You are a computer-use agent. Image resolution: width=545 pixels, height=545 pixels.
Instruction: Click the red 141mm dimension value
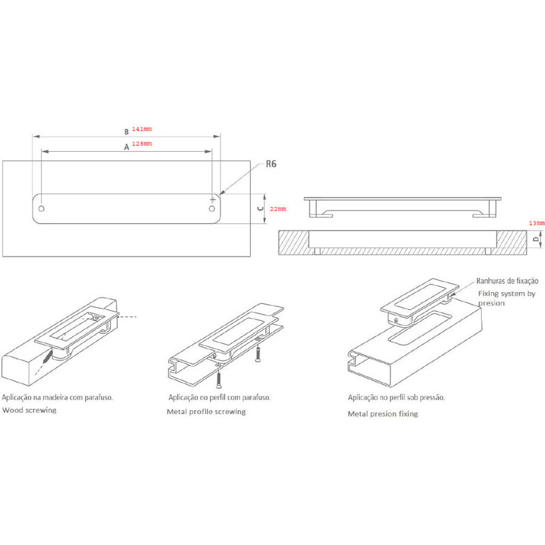point(142,129)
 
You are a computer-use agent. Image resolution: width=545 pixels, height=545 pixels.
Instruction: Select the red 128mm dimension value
point(142,144)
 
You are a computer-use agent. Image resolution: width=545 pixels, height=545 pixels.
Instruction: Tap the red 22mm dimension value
point(278,209)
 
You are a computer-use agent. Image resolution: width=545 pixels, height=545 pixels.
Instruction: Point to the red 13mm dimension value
point(537,223)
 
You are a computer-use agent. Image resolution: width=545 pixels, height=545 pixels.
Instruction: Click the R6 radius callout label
point(271,163)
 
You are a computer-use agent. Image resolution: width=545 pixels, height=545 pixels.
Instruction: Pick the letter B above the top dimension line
point(127,131)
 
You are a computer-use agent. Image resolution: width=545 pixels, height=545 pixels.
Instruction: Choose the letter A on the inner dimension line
point(127,147)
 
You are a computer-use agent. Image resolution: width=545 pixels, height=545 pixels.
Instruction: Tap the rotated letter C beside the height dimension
point(260,208)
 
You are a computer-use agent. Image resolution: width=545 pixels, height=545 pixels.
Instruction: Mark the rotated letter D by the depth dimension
point(536,239)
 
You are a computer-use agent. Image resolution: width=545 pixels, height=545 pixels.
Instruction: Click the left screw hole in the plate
point(42,208)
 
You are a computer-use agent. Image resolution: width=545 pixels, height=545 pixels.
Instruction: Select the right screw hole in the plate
point(212,208)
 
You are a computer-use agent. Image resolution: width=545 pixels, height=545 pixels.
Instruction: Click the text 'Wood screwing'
point(29,410)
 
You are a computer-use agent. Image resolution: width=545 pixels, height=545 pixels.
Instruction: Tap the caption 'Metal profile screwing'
point(206,412)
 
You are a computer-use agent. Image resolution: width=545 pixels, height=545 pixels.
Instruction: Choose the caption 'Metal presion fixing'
point(383,414)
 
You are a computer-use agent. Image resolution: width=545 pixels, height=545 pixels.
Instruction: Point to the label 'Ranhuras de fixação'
point(507,281)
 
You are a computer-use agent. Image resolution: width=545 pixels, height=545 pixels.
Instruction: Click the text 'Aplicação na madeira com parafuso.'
point(57,397)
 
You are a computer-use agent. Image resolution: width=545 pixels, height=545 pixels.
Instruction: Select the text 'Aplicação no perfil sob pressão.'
point(396,397)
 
